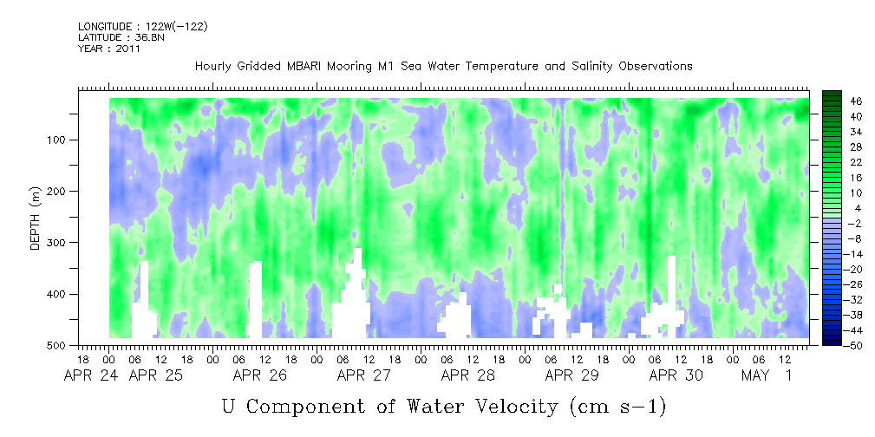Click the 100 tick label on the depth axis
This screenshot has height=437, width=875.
click(60, 140)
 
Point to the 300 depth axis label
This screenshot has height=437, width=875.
click(60, 243)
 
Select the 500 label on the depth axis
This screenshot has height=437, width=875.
click(60, 345)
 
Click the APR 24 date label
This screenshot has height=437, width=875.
click(86, 375)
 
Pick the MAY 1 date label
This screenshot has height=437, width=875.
click(767, 375)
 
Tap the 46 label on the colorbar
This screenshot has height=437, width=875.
click(841, 101)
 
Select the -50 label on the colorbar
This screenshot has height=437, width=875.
click(839, 345)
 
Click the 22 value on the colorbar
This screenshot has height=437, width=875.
click(841, 166)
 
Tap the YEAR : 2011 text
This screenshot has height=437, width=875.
click(108, 49)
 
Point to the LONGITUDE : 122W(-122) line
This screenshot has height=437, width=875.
click(143, 26)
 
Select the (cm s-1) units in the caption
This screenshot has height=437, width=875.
click(618, 407)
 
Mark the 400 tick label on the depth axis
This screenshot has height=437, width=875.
click(60, 294)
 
